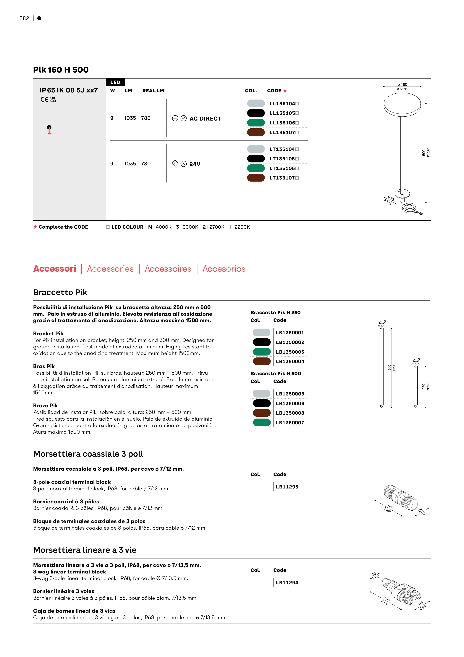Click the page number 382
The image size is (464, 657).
[24, 18]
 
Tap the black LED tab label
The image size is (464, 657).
[115, 82]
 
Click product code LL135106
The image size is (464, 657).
[282, 123]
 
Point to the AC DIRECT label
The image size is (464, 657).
[205, 119]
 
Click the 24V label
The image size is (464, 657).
[195, 164]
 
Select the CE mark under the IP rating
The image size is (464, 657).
[44, 100]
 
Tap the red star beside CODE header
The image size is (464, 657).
[285, 91]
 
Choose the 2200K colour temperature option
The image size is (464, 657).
[240, 227]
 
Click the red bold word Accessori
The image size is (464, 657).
[55, 269]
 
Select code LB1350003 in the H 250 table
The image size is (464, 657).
[290, 352]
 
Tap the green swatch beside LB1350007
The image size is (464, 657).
[262, 423]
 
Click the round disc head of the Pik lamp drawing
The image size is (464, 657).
[402, 104]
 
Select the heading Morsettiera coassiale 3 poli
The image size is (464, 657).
[88, 454]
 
